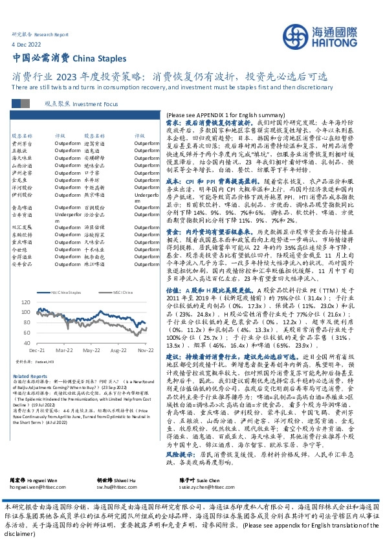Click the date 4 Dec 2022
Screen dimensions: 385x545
pyautogui.click(x=25, y=43)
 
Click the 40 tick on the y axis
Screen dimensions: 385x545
pyautogui.click(x=27, y=341)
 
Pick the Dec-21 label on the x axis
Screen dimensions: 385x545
pyautogui.click(x=38, y=350)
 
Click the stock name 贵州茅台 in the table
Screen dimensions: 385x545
pyautogui.click(x=22, y=142)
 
